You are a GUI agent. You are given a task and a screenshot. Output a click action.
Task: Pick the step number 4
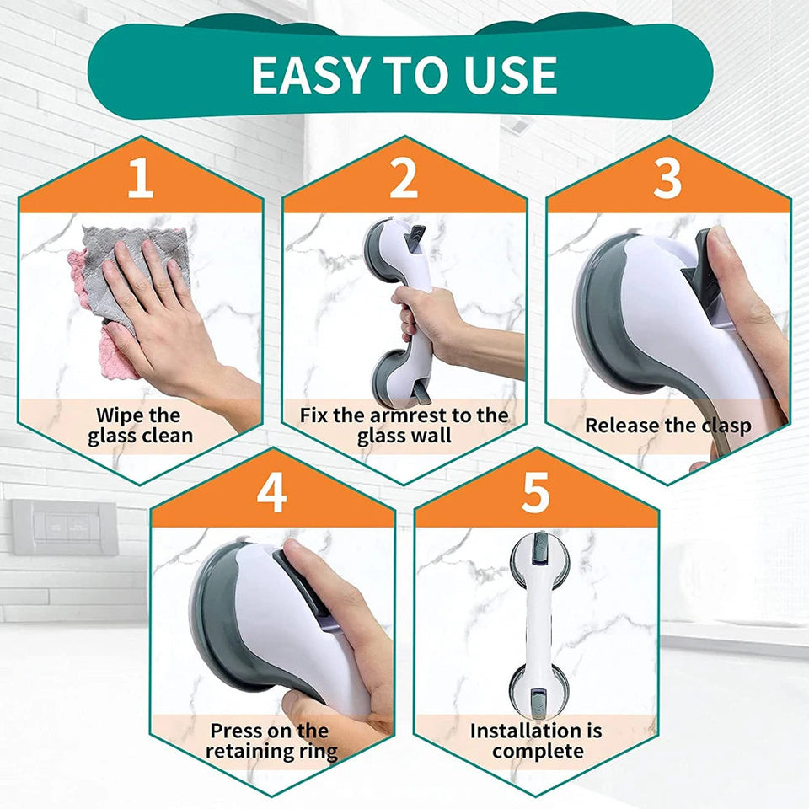coord(271,493)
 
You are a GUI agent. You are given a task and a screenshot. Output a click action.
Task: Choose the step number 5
coord(535,493)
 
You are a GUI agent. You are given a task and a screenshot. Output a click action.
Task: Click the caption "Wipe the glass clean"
coord(140,426)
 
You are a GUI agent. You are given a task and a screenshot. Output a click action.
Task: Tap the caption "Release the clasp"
coord(667,426)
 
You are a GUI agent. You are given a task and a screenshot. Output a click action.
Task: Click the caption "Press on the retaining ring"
coord(271,741)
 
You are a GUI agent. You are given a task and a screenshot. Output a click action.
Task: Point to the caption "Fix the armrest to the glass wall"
coord(404,426)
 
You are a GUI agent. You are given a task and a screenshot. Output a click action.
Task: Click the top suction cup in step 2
coord(389,244)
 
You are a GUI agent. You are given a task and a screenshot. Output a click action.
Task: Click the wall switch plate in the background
coord(65,528)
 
